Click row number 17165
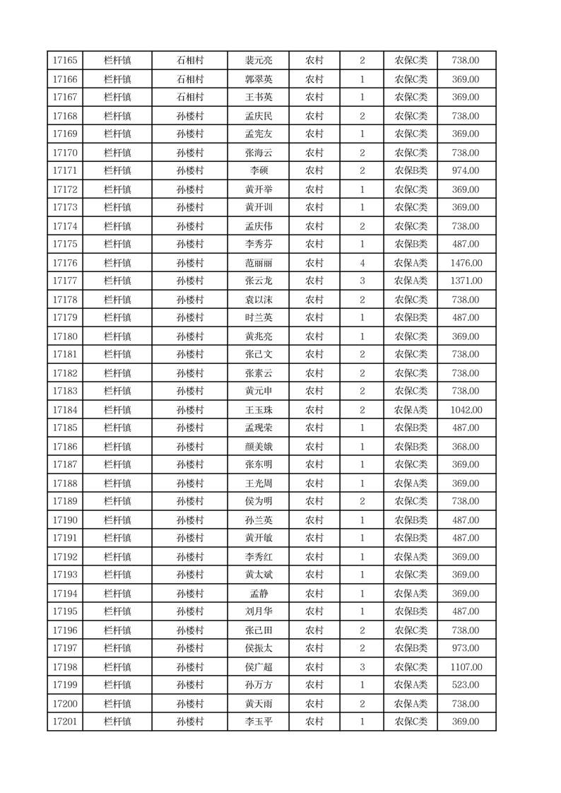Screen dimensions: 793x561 65,61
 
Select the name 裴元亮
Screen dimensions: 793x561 258,61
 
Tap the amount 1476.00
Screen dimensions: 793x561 466,263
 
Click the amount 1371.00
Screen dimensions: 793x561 466,281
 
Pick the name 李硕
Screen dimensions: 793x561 258,171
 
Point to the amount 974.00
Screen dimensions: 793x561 466,171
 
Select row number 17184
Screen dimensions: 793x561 65,410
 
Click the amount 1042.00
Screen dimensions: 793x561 466,410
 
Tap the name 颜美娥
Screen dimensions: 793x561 258,447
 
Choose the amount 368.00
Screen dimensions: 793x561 466,447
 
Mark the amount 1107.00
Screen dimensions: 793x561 466,667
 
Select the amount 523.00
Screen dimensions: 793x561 466,686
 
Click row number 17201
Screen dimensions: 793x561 65,722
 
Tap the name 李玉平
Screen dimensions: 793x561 258,722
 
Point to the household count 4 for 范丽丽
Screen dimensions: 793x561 362,263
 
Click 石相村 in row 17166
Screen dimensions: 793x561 189,79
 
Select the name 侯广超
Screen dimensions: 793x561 258,667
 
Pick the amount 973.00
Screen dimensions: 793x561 466,649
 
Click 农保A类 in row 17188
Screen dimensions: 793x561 411,483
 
